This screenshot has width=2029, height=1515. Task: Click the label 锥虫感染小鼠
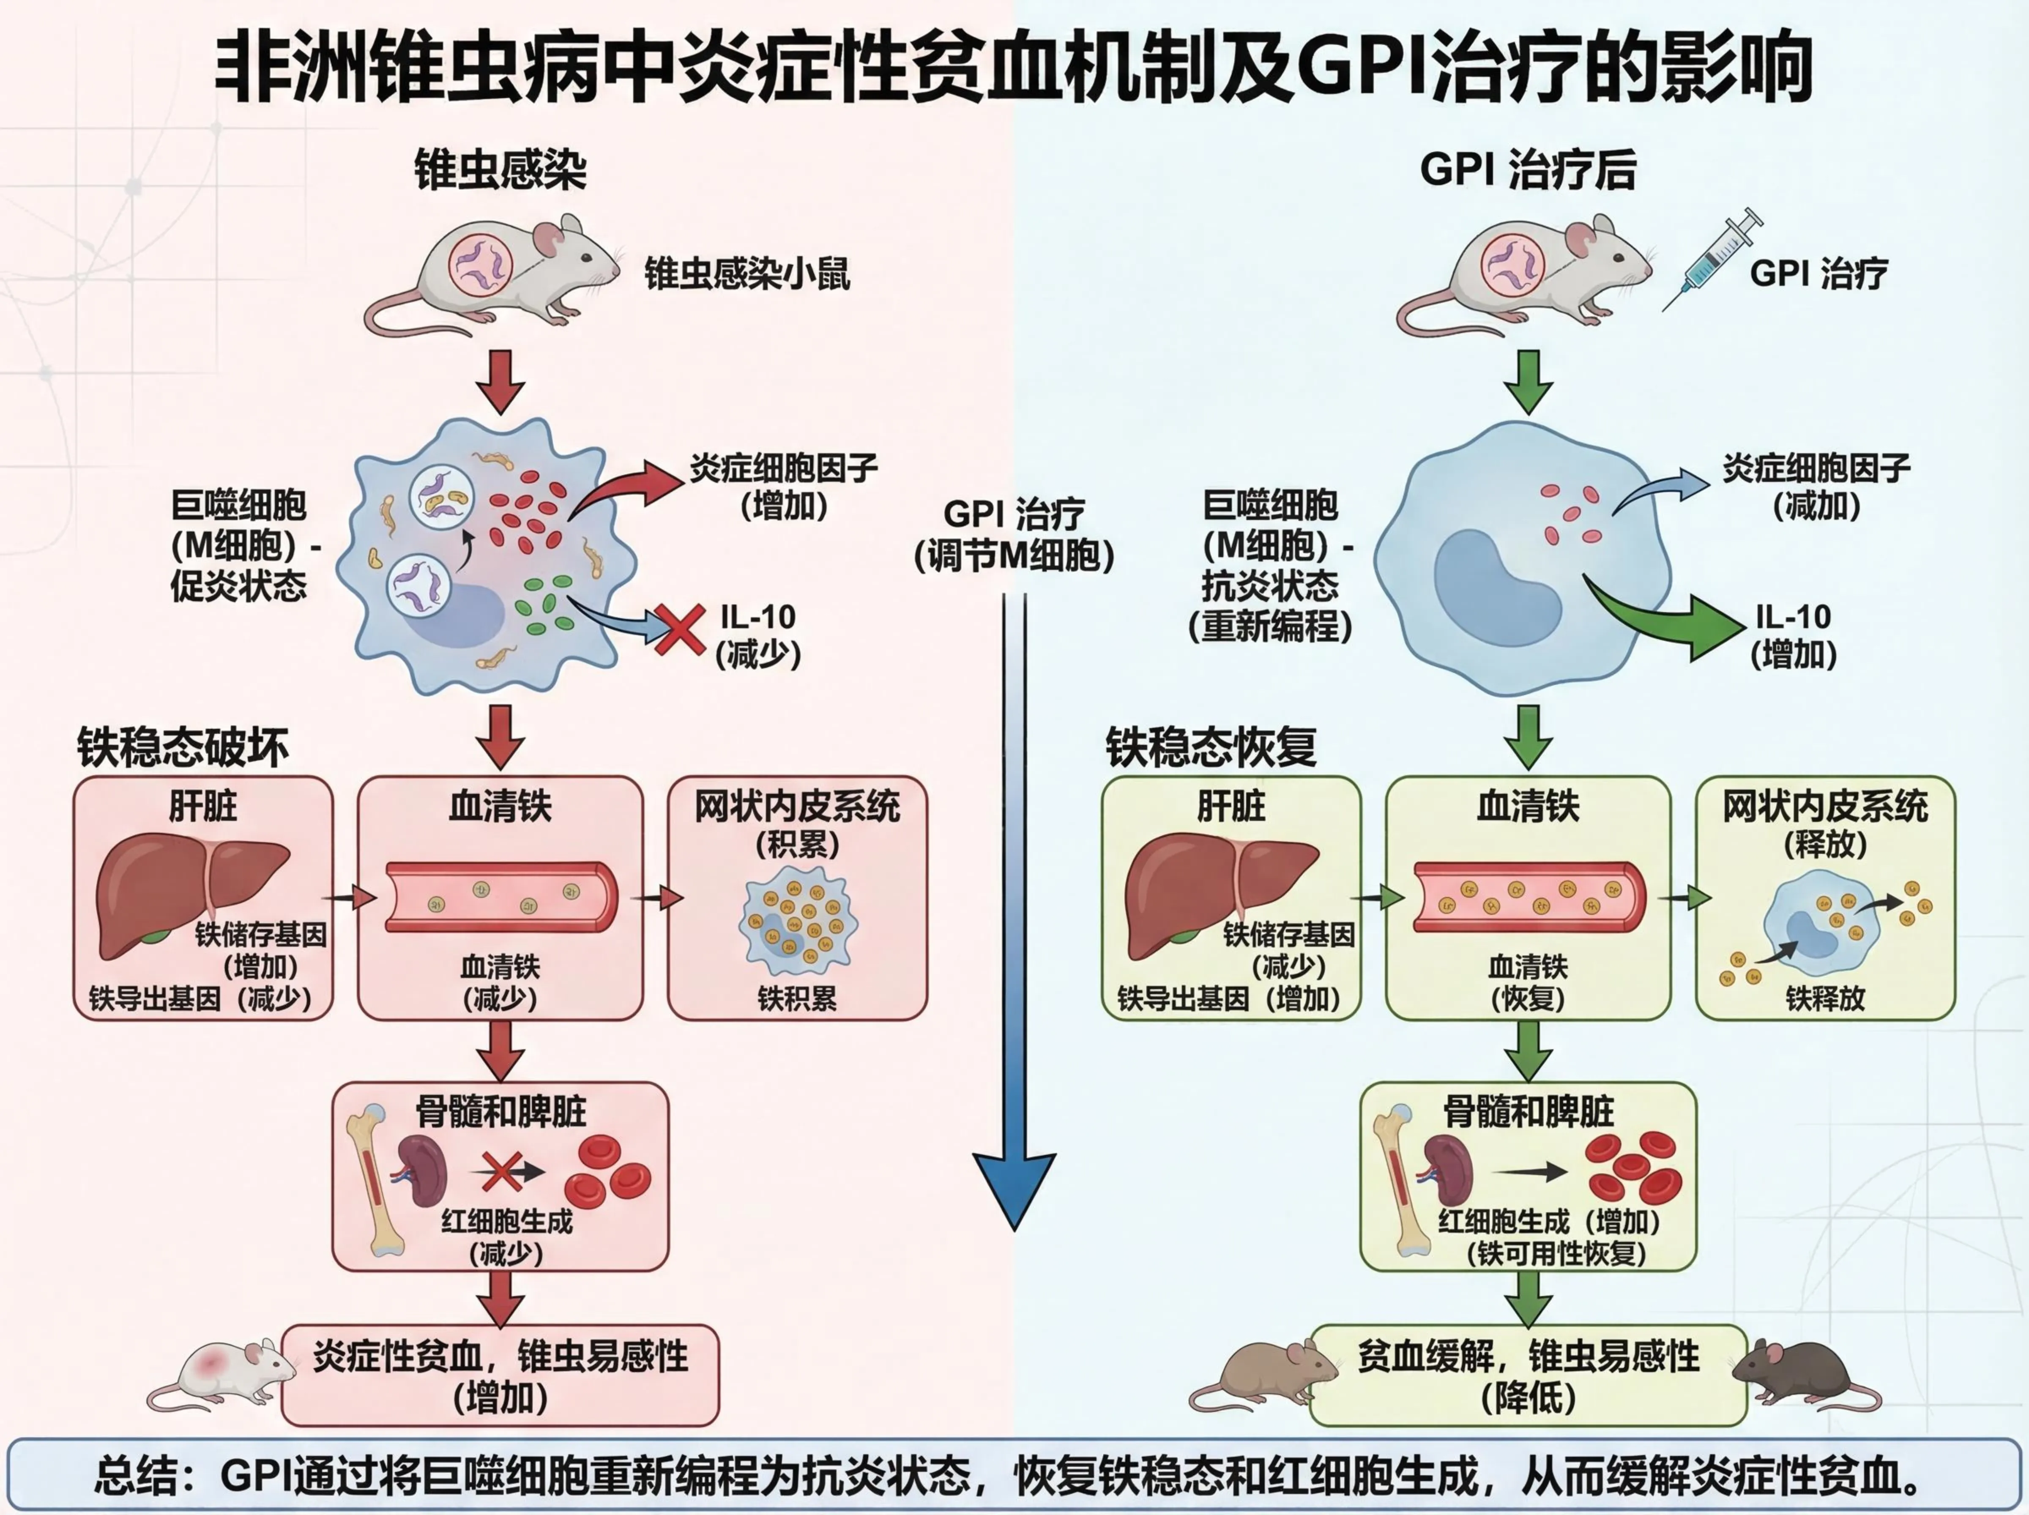tap(747, 273)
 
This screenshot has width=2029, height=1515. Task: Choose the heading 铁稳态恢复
tap(1210, 747)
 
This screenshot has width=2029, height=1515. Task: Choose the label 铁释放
tap(1824, 999)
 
